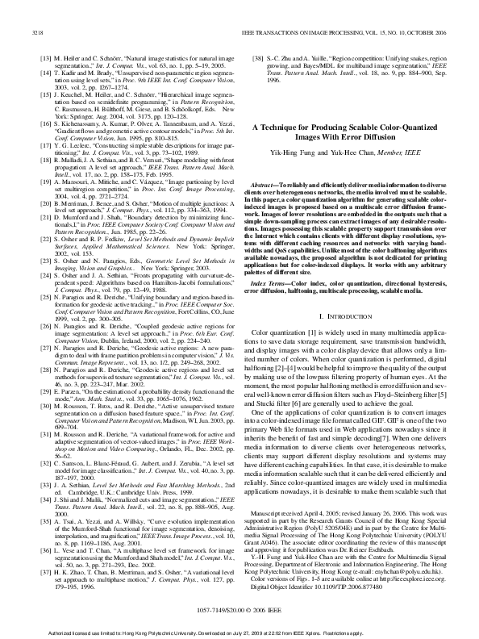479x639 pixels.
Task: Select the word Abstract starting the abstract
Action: coord(279,184)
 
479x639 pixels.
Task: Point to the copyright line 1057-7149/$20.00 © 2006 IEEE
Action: coord(240,609)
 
